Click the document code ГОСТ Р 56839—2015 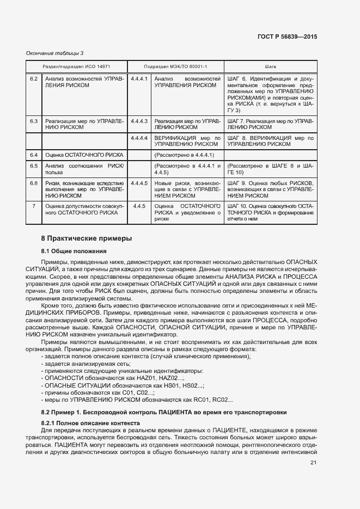[x=286, y=37]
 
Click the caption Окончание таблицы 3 [x=54, y=53]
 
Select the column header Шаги [x=270, y=66]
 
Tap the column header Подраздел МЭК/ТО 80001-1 [x=175, y=66]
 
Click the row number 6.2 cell [x=34, y=79]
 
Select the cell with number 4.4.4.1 [x=139, y=79]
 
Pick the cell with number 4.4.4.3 [x=139, y=120]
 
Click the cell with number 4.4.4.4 [x=139, y=138]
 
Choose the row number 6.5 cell [x=34, y=165]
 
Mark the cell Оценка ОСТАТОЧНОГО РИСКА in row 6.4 [x=80, y=155]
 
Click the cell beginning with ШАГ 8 [x=270, y=142]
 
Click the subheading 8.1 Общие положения [x=74, y=251]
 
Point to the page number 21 [x=313, y=463]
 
